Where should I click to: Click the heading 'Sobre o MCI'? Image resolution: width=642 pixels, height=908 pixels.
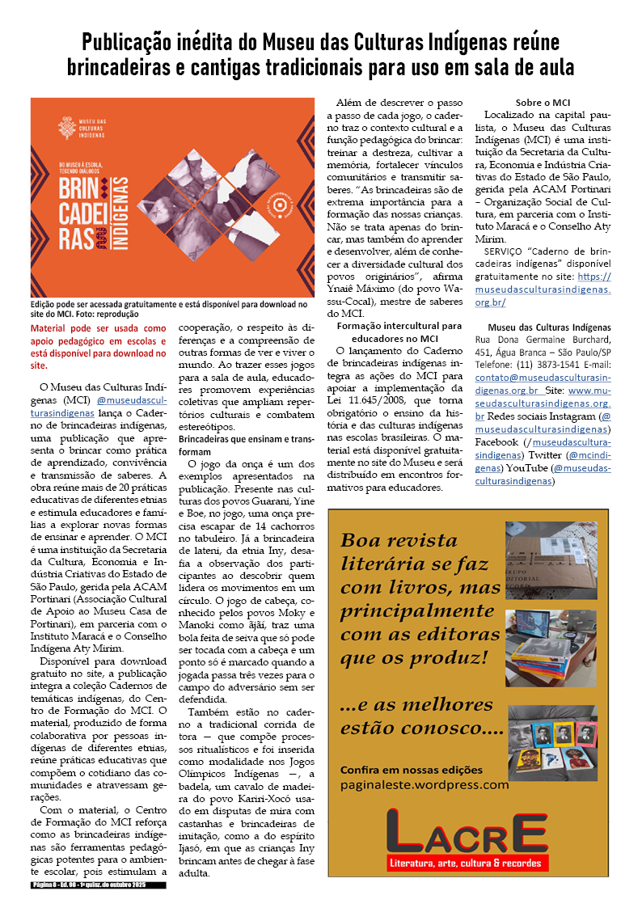click(x=543, y=103)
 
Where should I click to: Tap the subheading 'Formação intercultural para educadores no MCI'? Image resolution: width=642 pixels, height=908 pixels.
click(x=399, y=332)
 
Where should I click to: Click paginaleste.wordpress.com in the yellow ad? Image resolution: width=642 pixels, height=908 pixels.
click(x=424, y=784)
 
